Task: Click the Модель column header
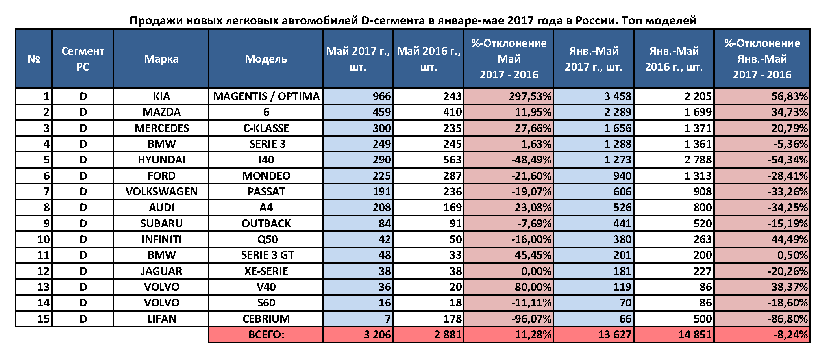coord(266,59)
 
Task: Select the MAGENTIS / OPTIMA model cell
coord(266,96)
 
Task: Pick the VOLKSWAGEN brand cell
coord(161,191)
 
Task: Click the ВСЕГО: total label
coord(266,335)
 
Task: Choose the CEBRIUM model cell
coord(266,319)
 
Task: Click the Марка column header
coord(161,59)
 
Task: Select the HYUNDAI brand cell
coord(161,160)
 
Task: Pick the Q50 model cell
coord(266,239)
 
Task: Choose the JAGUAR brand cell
coord(161,271)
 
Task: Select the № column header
coord(34,59)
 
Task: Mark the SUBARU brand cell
coord(161,223)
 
